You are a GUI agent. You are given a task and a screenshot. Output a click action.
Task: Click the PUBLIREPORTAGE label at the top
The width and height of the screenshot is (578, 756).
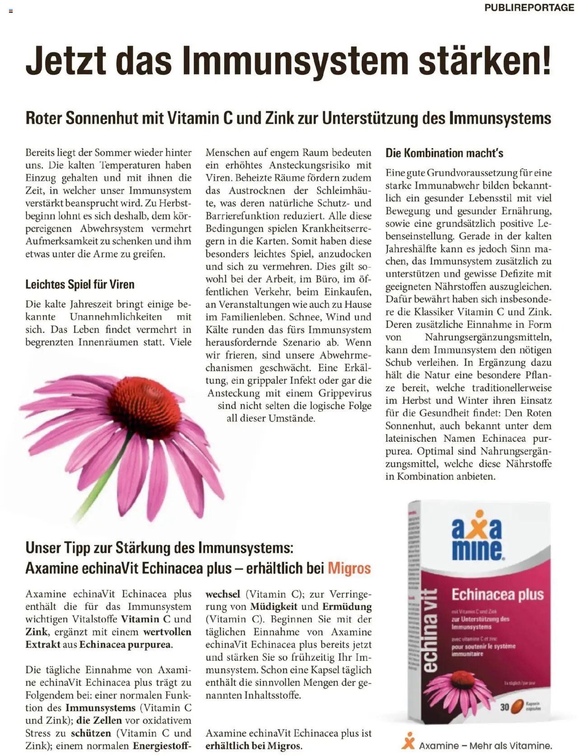click(529, 8)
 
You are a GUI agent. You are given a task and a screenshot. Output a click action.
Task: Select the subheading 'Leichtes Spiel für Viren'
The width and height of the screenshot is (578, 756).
click(80, 285)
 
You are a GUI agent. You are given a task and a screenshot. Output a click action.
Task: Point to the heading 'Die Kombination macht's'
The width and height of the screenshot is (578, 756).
click(444, 153)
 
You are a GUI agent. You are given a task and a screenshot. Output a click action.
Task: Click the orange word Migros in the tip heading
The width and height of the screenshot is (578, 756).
click(349, 568)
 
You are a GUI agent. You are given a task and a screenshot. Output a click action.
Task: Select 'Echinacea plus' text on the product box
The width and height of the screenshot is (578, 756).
click(498, 595)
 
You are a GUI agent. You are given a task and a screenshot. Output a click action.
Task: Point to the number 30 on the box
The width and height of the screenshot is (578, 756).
click(505, 707)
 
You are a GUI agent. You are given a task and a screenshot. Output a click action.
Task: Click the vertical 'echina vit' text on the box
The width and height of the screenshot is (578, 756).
click(432, 632)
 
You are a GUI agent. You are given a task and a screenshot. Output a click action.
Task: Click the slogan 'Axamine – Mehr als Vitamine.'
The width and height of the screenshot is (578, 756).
click(485, 746)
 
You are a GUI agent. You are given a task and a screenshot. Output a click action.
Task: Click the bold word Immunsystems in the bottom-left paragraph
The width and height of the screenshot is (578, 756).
click(100, 708)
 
